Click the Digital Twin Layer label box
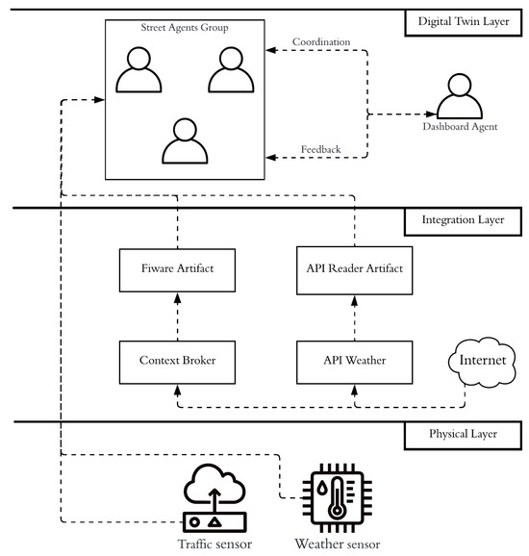click(x=463, y=23)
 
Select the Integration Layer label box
click(x=463, y=221)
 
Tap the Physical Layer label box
click(x=463, y=436)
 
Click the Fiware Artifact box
click(x=177, y=270)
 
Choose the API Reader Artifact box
click(x=355, y=270)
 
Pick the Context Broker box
click(x=177, y=363)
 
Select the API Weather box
click(x=355, y=363)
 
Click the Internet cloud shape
click(x=482, y=361)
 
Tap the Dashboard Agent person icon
click(x=460, y=96)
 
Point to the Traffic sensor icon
click(x=214, y=498)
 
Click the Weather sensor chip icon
click(x=338, y=498)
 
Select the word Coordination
click(x=321, y=41)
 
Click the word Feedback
click(x=321, y=149)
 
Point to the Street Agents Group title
click(x=185, y=28)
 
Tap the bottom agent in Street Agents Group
click(x=185, y=140)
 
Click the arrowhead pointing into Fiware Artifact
click(x=177, y=298)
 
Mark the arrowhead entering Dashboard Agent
click(x=431, y=114)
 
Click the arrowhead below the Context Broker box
click(x=177, y=391)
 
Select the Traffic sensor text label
click(x=214, y=543)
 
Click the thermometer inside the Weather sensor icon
click(x=337, y=498)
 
